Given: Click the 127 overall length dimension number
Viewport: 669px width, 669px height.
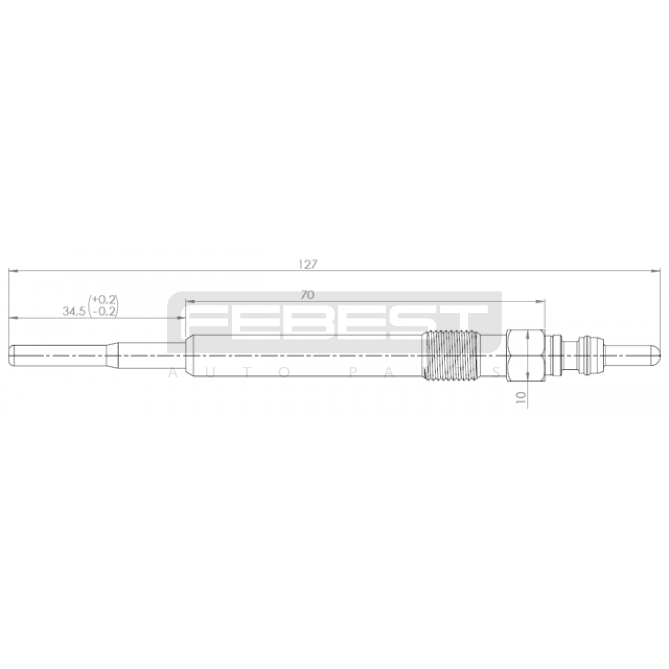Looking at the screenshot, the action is point(309,265).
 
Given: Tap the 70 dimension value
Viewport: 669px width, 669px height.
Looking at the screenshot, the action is point(307,295).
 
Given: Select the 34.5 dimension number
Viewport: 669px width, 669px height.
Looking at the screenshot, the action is point(74,311).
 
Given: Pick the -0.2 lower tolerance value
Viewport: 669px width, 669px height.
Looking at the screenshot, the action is point(103,311).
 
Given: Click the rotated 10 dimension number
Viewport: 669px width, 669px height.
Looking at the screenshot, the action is point(521,397).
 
